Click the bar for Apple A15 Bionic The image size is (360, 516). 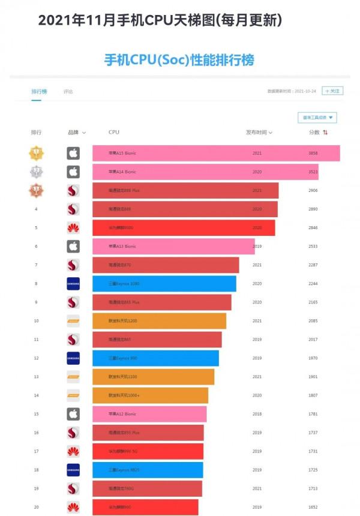[x=216, y=153]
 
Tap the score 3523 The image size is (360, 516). [x=313, y=172]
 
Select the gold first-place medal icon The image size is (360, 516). [x=36, y=153]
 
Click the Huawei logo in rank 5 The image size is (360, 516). [x=73, y=227]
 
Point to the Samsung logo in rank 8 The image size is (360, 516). [x=73, y=284]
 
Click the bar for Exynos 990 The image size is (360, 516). [x=155, y=358]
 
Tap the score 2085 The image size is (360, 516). [x=313, y=321]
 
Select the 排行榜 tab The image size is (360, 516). [x=39, y=92]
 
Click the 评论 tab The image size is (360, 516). [x=68, y=92]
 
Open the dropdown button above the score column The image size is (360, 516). [x=317, y=118]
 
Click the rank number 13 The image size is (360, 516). [x=36, y=377]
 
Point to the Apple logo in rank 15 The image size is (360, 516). [x=73, y=414]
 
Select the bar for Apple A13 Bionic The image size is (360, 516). [x=173, y=246]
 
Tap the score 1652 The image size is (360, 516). [x=313, y=507]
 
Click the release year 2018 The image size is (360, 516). [x=257, y=414]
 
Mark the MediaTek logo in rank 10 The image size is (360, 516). [x=73, y=321]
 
